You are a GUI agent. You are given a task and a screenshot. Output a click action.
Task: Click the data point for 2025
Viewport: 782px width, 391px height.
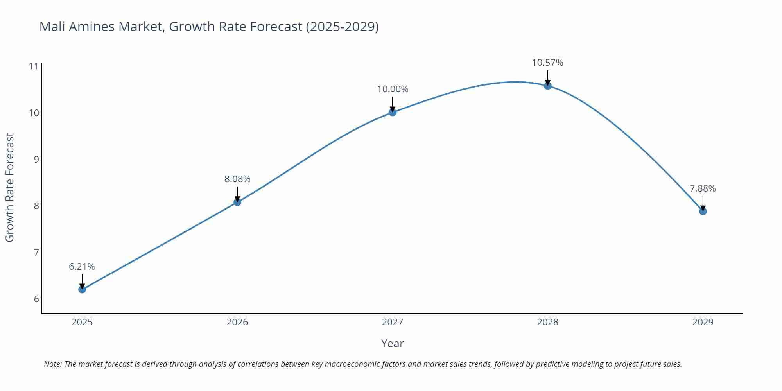[82, 289]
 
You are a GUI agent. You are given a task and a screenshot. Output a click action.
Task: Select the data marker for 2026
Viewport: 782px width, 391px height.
[237, 202]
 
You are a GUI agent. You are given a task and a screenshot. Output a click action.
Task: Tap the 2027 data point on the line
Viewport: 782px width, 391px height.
[393, 112]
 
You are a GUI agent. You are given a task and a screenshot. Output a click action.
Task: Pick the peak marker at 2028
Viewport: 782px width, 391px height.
[548, 86]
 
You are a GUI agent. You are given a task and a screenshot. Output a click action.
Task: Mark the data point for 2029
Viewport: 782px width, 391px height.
[703, 212]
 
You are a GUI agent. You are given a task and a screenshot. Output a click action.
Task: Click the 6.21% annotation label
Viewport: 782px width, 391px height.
[82, 267]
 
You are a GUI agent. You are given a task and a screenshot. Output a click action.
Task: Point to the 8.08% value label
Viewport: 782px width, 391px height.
[237, 179]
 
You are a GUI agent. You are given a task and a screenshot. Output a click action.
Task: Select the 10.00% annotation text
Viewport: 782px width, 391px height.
[393, 89]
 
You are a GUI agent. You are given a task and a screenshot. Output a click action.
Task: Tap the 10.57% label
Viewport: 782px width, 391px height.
[547, 63]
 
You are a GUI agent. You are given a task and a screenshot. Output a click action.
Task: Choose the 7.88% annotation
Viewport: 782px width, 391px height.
[703, 188]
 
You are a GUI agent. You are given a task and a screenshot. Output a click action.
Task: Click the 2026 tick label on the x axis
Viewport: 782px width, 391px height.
[237, 322]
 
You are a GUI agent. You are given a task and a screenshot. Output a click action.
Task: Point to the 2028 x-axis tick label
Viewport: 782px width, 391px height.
[548, 322]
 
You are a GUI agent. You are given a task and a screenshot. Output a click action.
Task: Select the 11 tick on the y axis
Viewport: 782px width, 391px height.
[34, 66]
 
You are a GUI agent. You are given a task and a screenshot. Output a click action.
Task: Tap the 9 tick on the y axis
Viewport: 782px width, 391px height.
[36, 159]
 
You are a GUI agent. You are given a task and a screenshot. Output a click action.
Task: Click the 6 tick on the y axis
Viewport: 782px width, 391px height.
[36, 299]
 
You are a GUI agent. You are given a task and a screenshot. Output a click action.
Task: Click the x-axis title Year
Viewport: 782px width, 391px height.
[392, 343]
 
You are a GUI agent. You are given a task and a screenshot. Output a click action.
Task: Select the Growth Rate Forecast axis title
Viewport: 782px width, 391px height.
[9, 187]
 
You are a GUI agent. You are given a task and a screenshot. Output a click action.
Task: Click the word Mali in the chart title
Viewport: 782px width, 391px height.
[52, 27]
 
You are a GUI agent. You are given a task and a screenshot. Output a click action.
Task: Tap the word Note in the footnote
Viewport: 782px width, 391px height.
[52, 364]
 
